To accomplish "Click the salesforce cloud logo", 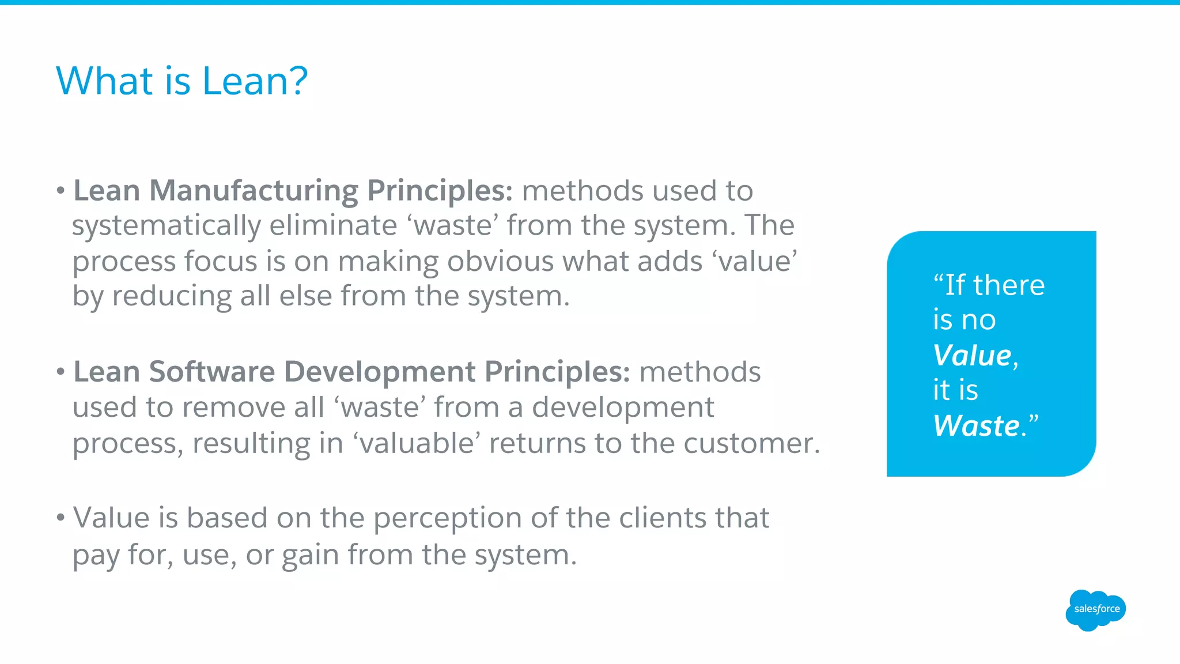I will (1096, 609).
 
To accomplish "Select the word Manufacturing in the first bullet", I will (254, 190).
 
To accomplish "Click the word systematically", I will (166, 226).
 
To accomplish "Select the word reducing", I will (171, 296).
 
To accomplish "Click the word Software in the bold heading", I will (211, 372).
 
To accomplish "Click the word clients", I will (662, 518).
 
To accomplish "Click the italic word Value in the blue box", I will (972, 355).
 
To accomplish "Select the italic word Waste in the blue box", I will (976, 426).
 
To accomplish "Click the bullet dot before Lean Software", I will (60, 372).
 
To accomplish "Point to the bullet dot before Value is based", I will (60, 518).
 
